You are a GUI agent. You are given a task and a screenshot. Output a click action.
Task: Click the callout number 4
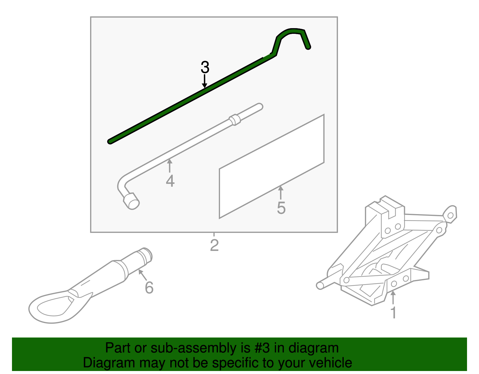[x=170, y=181]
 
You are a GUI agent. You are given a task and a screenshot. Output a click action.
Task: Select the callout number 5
[x=281, y=208]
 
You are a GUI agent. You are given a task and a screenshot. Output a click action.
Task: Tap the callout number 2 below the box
[x=214, y=245]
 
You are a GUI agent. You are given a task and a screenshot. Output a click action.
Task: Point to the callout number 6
[x=149, y=288]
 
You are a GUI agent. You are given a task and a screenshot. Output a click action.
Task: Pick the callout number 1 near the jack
[x=393, y=313]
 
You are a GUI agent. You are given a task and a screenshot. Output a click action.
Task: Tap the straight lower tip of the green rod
[x=110, y=141]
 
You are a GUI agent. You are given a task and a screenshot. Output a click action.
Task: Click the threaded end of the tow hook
[x=146, y=255]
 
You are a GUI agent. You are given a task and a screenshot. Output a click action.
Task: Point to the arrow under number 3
[x=204, y=81]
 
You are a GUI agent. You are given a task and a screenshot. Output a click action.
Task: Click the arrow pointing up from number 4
[x=170, y=166]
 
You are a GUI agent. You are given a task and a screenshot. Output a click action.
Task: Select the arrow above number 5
[x=281, y=193]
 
